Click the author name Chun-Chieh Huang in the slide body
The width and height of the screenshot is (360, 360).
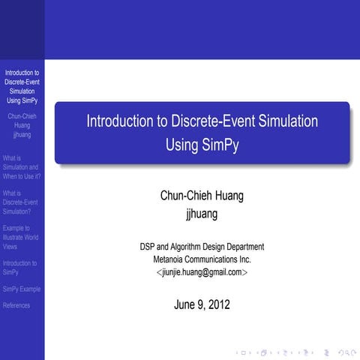click(202, 196)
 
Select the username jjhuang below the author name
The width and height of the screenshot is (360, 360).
click(202, 214)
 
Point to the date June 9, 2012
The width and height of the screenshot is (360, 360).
click(202, 304)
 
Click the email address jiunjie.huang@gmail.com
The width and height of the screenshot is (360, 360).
click(202, 272)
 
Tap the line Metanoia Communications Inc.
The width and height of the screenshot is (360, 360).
click(202, 259)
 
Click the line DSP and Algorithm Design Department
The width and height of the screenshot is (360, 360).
click(202, 246)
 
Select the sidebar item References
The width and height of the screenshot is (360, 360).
click(16, 305)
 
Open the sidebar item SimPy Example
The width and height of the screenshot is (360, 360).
click(22, 289)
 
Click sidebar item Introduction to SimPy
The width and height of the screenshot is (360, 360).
click(19, 268)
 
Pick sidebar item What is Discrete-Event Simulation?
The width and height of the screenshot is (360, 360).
click(20, 202)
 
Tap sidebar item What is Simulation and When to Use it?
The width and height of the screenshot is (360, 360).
click(21, 167)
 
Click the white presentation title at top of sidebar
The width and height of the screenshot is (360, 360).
click(22, 86)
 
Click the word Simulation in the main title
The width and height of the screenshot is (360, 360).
click(285, 121)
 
